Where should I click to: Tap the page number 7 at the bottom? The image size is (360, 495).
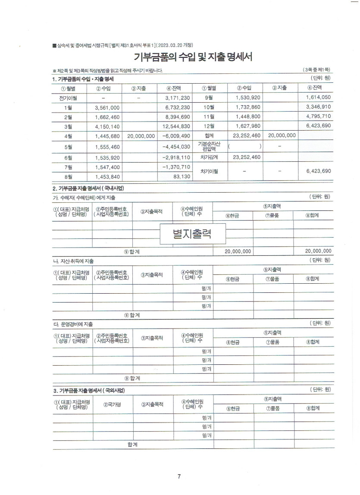pos(179,476)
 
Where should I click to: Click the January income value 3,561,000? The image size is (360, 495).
pos(107,107)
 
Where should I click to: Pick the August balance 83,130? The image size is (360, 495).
pos(182,176)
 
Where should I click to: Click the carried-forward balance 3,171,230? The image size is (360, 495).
pos(177,98)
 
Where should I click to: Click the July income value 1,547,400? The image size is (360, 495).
pos(107,167)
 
